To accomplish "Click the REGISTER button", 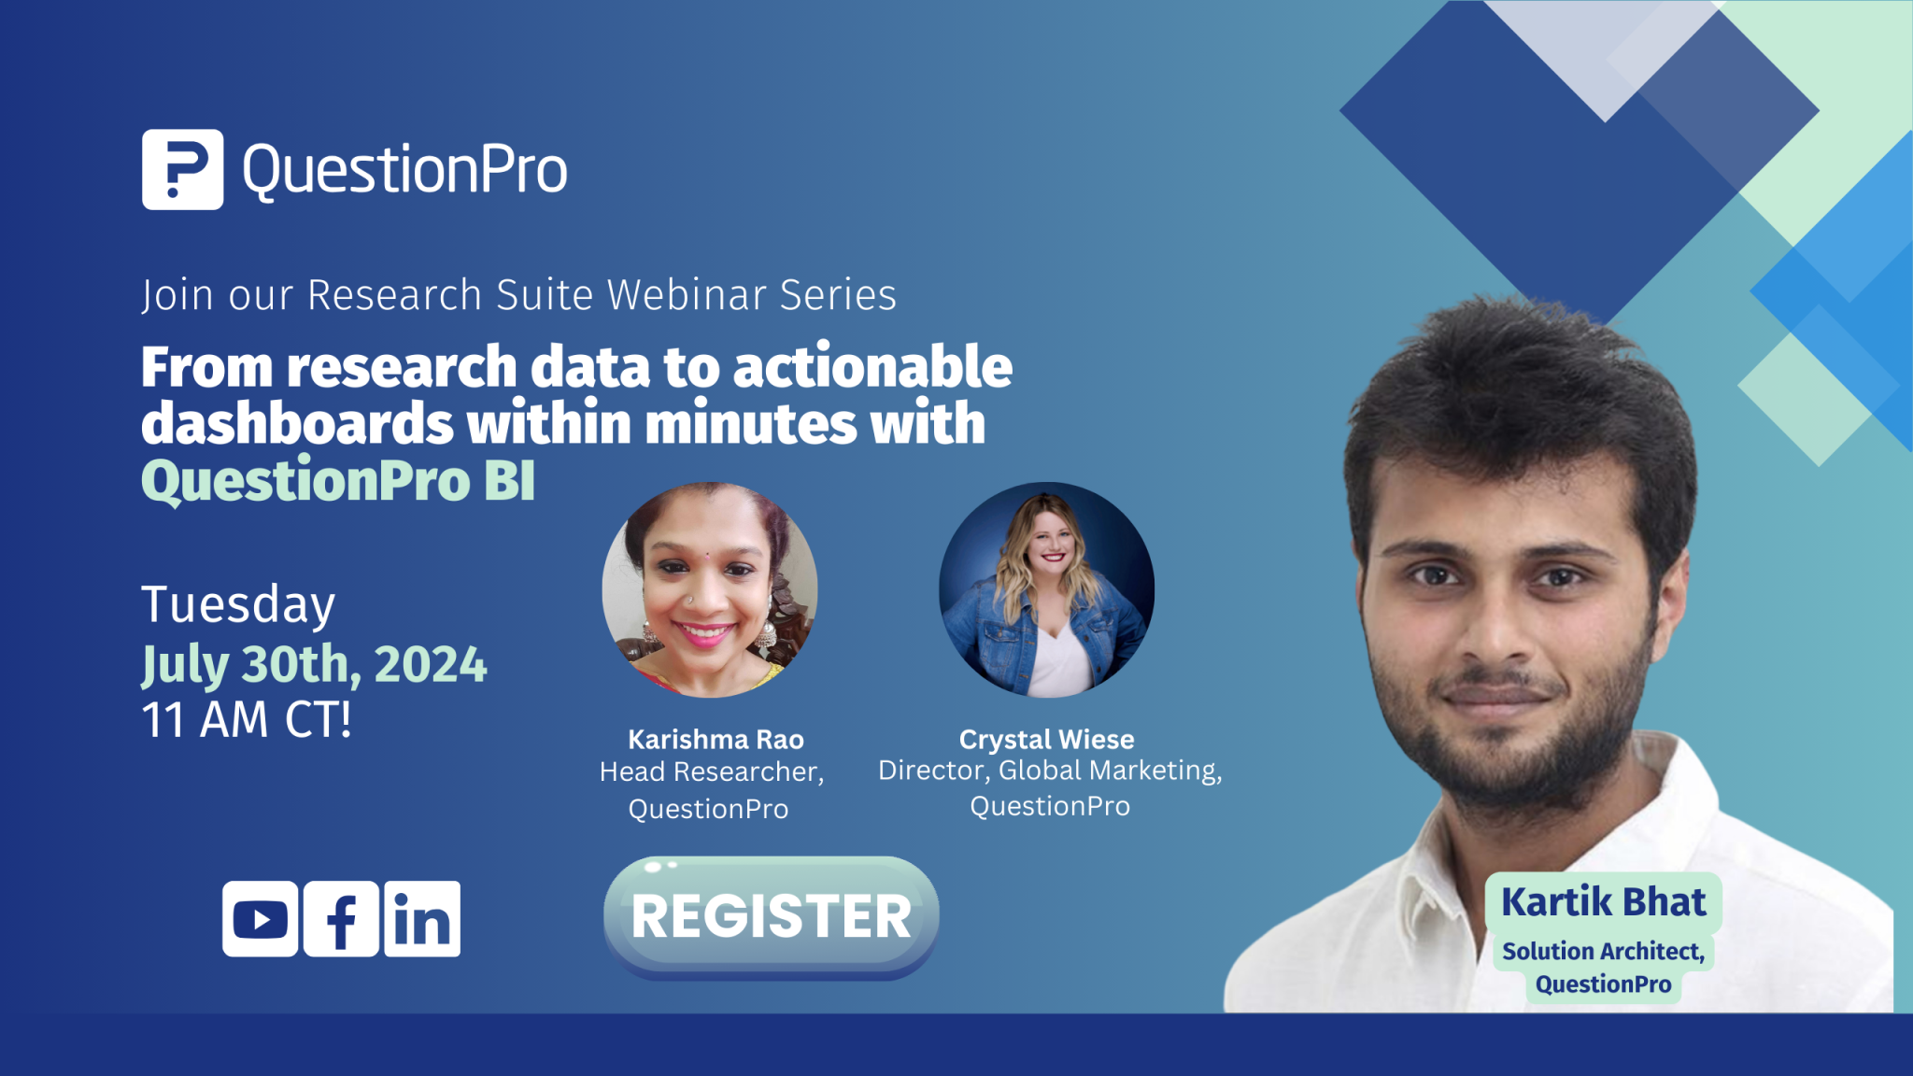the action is pyautogui.click(x=771, y=916).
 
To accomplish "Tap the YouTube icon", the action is pyautogui.click(x=261, y=919).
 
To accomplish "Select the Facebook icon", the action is pyautogui.click(x=341, y=919).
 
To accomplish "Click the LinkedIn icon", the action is pyautogui.click(x=422, y=919).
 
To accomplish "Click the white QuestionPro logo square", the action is pyautogui.click(x=182, y=169).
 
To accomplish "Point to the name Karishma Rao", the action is pyautogui.click(x=716, y=740).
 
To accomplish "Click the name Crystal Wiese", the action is pyautogui.click(x=1046, y=740).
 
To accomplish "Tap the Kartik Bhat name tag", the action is pyautogui.click(x=1603, y=902).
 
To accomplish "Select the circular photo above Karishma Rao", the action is pyautogui.click(x=710, y=589).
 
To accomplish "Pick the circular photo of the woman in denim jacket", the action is pyautogui.click(x=1046, y=589).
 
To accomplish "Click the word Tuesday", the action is pyautogui.click(x=238, y=605).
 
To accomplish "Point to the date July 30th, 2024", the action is pyautogui.click(x=314, y=665).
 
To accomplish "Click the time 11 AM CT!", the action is pyautogui.click(x=247, y=720).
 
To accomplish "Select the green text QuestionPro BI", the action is pyautogui.click(x=338, y=481).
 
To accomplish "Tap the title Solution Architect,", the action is pyautogui.click(x=1603, y=951).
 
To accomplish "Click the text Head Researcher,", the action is pyautogui.click(x=712, y=772).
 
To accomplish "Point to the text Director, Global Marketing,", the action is pyautogui.click(x=1050, y=771).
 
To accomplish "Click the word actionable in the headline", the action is pyautogui.click(x=872, y=366).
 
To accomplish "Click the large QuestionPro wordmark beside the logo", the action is pyautogui.click(x=404, y=171).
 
